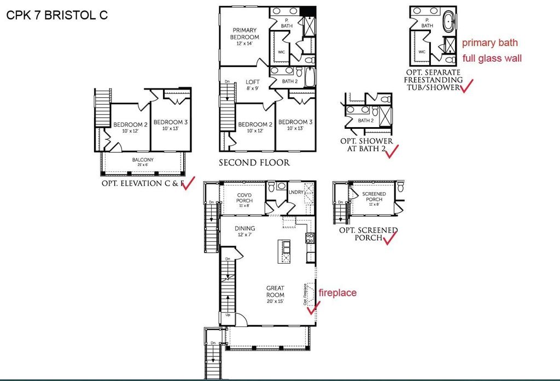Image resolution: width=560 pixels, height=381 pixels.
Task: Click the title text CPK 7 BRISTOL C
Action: click(57, 15)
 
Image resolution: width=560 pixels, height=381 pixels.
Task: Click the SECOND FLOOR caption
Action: click(254, 162)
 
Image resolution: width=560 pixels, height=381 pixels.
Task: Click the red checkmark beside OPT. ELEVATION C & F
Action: click(188, 183)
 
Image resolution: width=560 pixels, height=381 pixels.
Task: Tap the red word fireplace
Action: click(337, 293)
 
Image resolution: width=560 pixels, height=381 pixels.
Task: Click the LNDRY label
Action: click(296, 192)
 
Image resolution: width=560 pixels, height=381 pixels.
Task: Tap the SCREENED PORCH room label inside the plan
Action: click(374, 197)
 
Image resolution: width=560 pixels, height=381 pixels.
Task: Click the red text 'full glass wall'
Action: click(492, 57)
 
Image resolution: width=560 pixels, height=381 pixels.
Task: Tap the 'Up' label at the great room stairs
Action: click(228, 315)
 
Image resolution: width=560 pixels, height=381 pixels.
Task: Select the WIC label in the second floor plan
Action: click(282, 52)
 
